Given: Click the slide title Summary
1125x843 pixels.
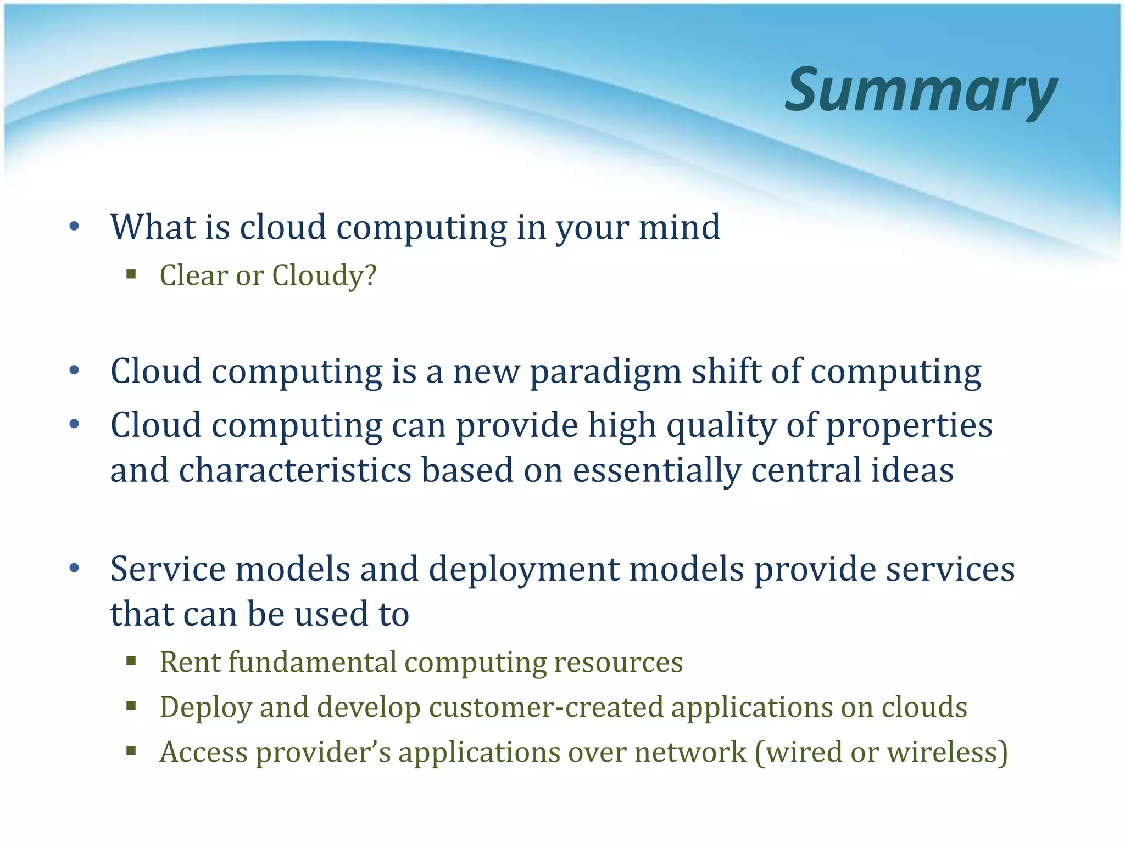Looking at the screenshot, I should click(x=921, y=91).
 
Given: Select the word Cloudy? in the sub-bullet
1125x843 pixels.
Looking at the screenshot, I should click(x=325, y=275).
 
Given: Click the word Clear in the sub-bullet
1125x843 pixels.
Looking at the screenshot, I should click(x=193, y=275).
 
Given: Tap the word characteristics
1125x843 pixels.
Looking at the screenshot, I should click(x=295, y=470).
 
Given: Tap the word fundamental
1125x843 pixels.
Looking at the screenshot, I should click(x=312, y=662).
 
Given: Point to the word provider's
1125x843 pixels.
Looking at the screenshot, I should click(x=324, y=753).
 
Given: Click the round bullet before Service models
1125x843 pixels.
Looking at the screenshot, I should click(x=75, y=569).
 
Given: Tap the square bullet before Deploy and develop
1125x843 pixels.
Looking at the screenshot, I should click(x=131, y=706).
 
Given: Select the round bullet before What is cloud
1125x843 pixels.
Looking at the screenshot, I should click(x=75, y=227).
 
